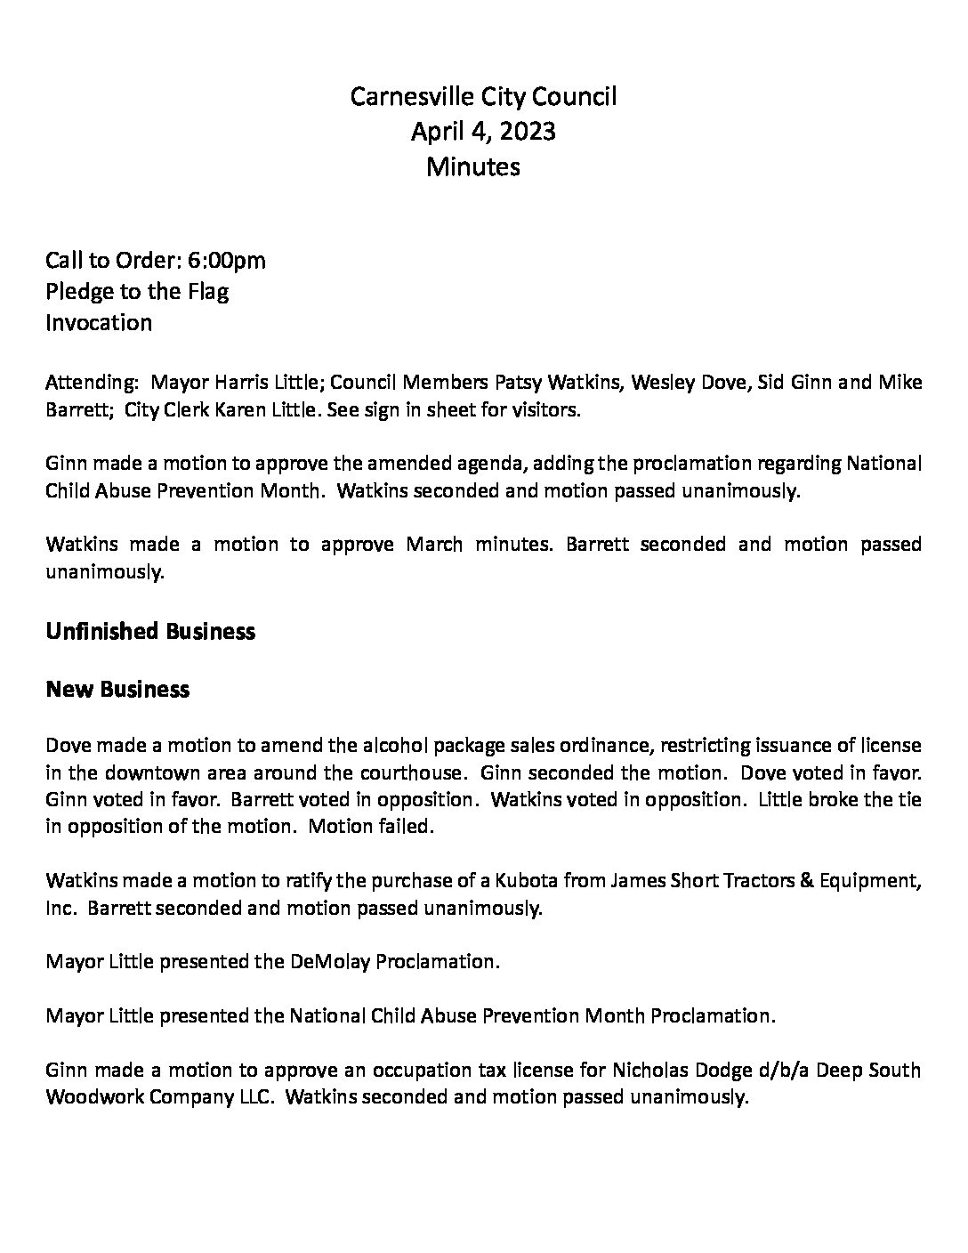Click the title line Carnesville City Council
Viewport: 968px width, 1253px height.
click(483, 96)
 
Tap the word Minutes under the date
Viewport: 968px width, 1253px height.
click(472, 166)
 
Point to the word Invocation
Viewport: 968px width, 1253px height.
click(99, 322)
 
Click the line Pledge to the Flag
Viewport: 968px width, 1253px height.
click(137, 291)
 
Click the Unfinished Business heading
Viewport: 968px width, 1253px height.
click(149, 631)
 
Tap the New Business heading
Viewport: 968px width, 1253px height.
click(117, 689)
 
